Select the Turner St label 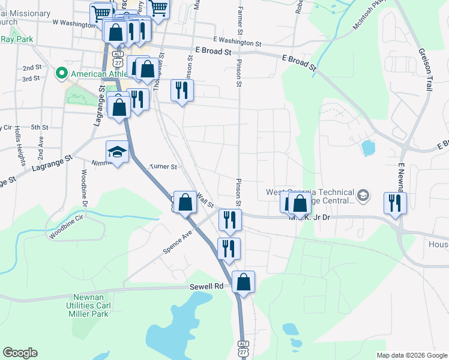(x=163, y=166)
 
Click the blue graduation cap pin (x=118, y=152)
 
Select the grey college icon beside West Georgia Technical (x=363, y=196)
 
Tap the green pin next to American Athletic (x=61, y=74)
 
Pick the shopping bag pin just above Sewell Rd (x=243, y=282)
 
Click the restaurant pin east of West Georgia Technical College (x=395, y=203)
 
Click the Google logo (x=20, y=353)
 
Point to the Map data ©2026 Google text (x=412, y=355)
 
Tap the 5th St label (x=40, y=127)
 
